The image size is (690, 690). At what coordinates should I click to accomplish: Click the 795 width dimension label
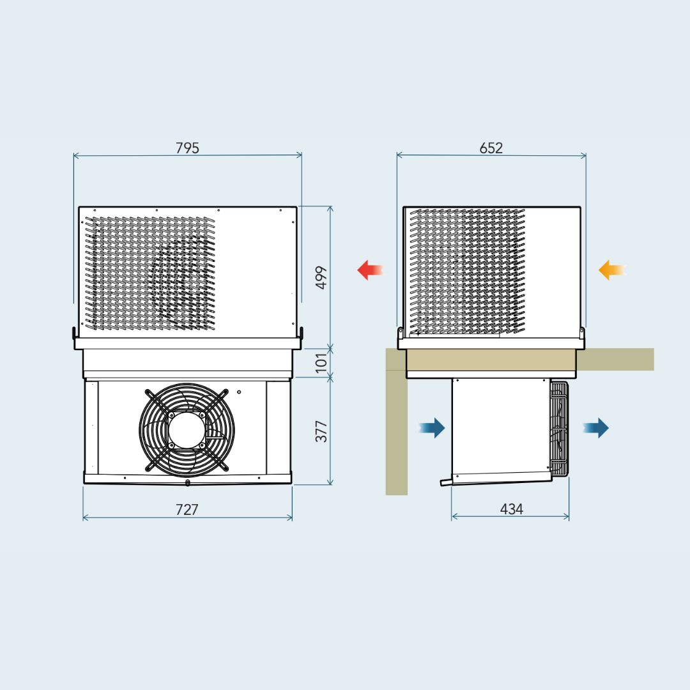click(x=187, y=148)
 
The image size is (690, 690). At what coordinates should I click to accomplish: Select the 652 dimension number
click(x=491, y=148)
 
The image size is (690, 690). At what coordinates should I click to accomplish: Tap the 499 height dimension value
click(x=321, y=278)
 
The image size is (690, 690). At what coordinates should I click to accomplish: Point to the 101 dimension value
click(x=321, y=362)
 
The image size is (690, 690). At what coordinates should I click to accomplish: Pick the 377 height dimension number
click(x=321, y=431)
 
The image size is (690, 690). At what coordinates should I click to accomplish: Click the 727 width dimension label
click(x=187, y=510)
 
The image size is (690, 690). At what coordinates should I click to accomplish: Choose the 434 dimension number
click(x=511, y=509)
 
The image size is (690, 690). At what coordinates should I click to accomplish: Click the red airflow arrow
click(x=370, y=270)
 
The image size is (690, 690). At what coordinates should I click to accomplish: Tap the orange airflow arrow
click(x=611, y=270)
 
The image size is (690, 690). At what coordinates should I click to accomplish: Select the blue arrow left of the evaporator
click(x=432, y=427)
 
